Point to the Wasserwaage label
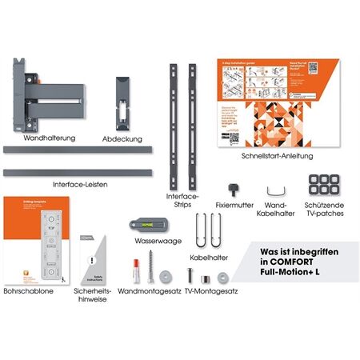[158, 241]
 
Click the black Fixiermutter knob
[234, 188]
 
